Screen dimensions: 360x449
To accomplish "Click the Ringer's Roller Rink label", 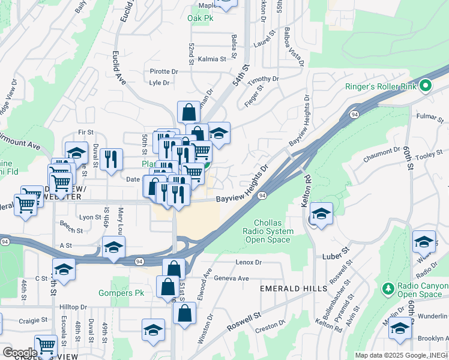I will [x=381, y=86].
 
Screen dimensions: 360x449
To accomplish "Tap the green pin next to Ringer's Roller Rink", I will [x=426, y=86].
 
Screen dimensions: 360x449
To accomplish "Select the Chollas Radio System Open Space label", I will [x=268, y=231].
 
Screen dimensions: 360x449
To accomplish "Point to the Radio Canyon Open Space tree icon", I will [x=388, y=289].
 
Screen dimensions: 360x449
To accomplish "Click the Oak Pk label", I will [x=200, y=19].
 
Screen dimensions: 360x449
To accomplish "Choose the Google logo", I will [x=19, y=352].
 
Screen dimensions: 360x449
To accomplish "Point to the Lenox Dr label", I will [x=249, y=262].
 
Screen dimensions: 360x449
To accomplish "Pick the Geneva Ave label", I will [x=231, y=278].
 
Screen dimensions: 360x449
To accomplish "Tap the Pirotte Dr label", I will [x=164, y=71].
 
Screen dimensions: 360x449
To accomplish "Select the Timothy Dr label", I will [x=264, y=79].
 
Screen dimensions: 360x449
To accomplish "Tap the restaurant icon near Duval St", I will [x=110, y=160].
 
